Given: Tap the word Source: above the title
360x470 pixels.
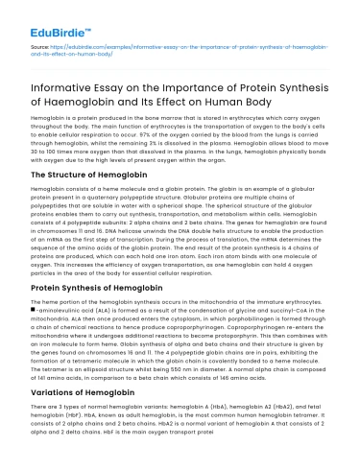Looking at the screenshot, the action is coord(39,44).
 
